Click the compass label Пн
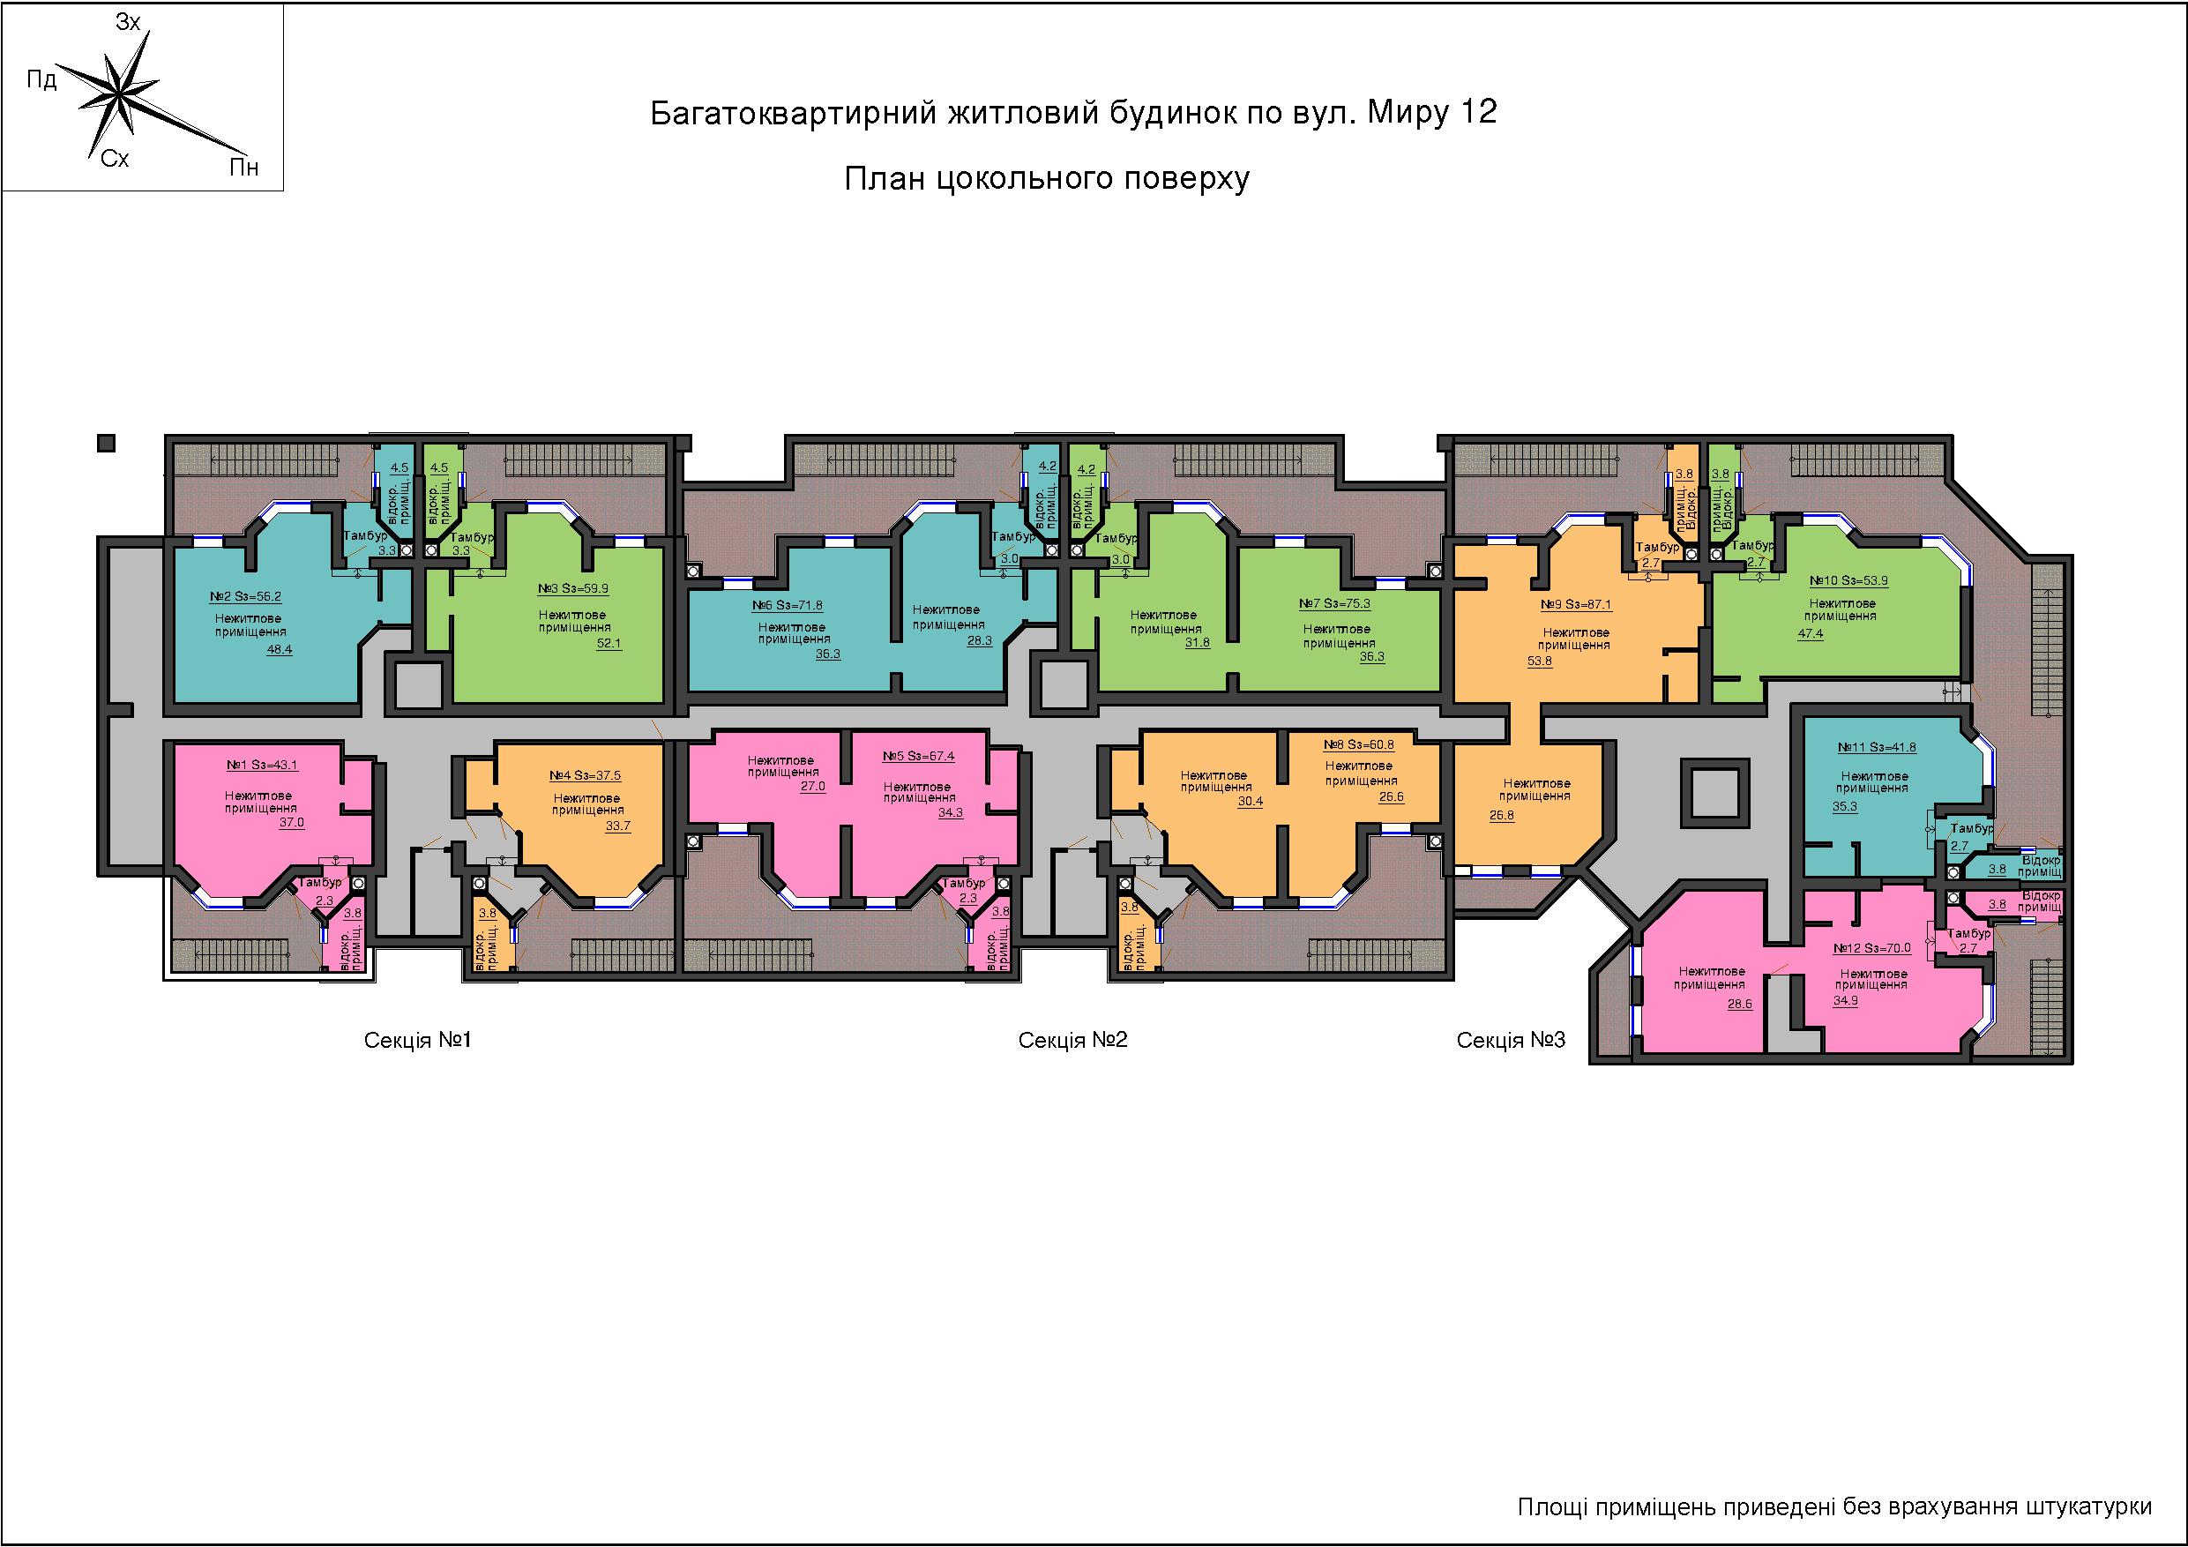click(x=244, y=168)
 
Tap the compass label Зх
click(x=128, y=22)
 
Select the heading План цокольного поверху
click(x=1046, y=178)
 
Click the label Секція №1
click(x=417, y=1039)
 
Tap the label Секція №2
click(x=1073, y=1039)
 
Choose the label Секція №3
click(x=1511, y=1040)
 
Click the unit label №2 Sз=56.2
click(x=245, y=597)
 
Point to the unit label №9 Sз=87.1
click(x=1576, y=604)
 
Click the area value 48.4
click(x=280, y=650)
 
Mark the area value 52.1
click(x=608, y=643)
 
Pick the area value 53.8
click(x=1539, y=661)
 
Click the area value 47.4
click(x=1810, y=634)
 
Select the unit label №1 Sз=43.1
click(x=261, y=766)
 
